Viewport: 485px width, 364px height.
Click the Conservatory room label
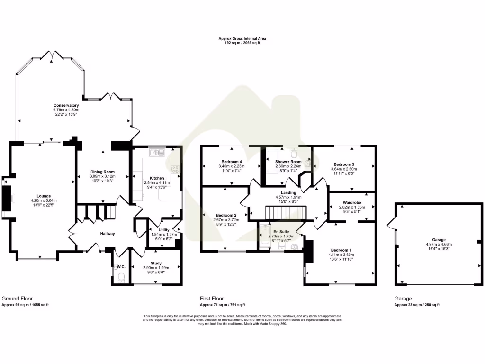(x=66, y=105)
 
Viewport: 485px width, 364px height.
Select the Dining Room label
(x=103, y=172)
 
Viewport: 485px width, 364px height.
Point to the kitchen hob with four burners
(x=174, y=168)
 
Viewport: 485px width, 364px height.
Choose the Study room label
(x=156, y=263)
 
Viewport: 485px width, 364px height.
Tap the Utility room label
(x=157, y=229)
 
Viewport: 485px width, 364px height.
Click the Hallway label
(x=107, y=233)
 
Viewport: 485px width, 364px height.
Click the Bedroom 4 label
(x=232, y=161)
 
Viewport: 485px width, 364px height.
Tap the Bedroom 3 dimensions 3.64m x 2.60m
(x=343, y=169)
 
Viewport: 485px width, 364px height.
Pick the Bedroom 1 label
(x=341, y=250)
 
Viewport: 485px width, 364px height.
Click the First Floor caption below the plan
(x=212, y=299)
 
